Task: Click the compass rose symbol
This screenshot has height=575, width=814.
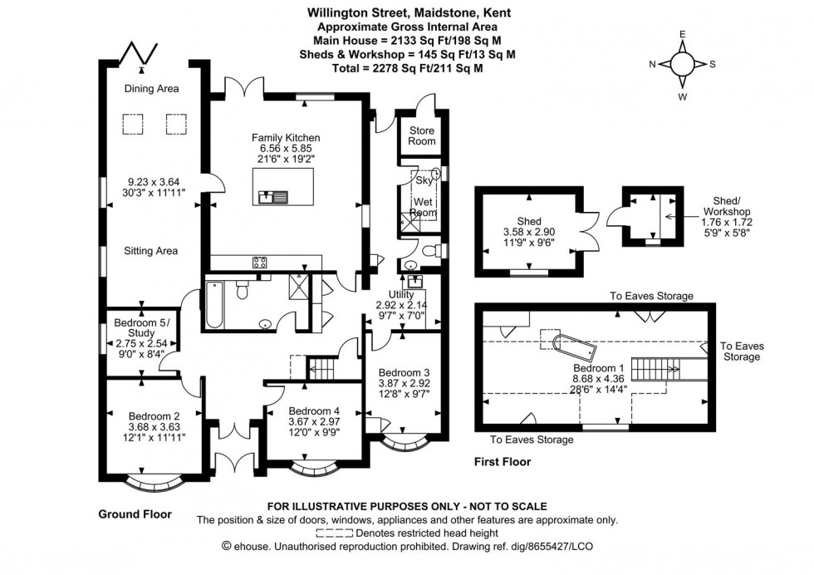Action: [x=682, y=64]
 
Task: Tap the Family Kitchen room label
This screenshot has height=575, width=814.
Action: [x=287, y=137]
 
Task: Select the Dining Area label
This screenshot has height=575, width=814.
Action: [x=151, y=89]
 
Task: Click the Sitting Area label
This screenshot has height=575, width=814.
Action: [x=151, y=250]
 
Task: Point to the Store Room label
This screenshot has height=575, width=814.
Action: [x=421, y=135]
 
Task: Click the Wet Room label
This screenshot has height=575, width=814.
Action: [x=424, y=207]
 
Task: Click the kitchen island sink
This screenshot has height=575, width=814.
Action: [x=272, y=197]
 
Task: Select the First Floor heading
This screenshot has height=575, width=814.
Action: [x=503, y=462]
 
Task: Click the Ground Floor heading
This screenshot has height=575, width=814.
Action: [x=135, y=514]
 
